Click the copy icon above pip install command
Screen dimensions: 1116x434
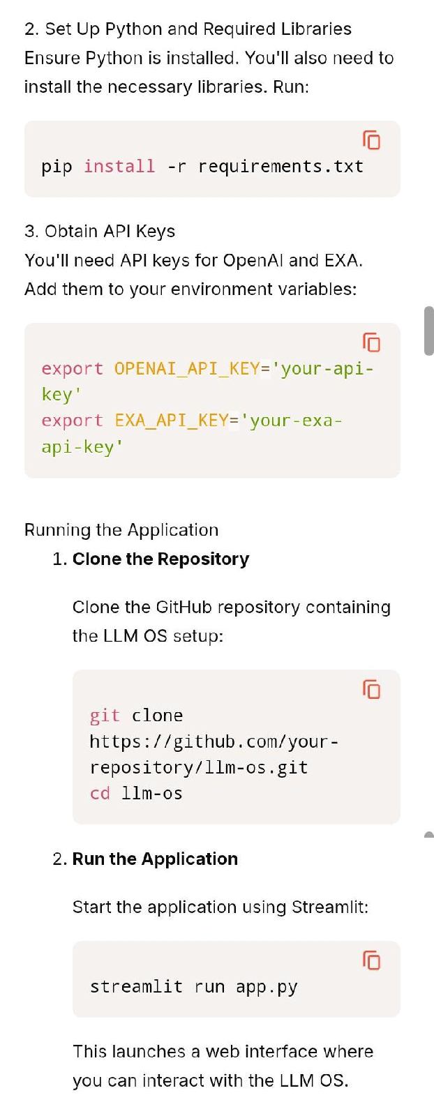tap(372, 140)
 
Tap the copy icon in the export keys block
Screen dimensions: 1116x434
tap(372, 342)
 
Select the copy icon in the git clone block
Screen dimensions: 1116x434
tap(372, 689)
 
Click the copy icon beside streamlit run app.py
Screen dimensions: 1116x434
tap(372, 960)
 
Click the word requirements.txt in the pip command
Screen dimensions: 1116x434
tap(280, 167)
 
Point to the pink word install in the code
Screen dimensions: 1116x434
tap(119, 167)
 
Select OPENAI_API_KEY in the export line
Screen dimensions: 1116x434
tap(186, 368)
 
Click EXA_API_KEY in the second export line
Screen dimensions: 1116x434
tap(171, 421)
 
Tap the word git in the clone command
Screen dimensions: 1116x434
tap(105, 716)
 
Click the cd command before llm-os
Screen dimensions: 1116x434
tap(100, 794)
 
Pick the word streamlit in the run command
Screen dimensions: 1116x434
tap(136, 987)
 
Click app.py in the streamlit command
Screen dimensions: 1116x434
tap(267, 987)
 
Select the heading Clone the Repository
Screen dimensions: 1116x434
tap(160, 559)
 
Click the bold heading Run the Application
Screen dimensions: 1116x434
tap(155, 859)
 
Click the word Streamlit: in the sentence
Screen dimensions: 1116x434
tap(330, 907)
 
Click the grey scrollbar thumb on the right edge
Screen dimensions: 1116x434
tap(428, 331)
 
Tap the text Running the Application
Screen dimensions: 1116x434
tap(121, 530)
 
